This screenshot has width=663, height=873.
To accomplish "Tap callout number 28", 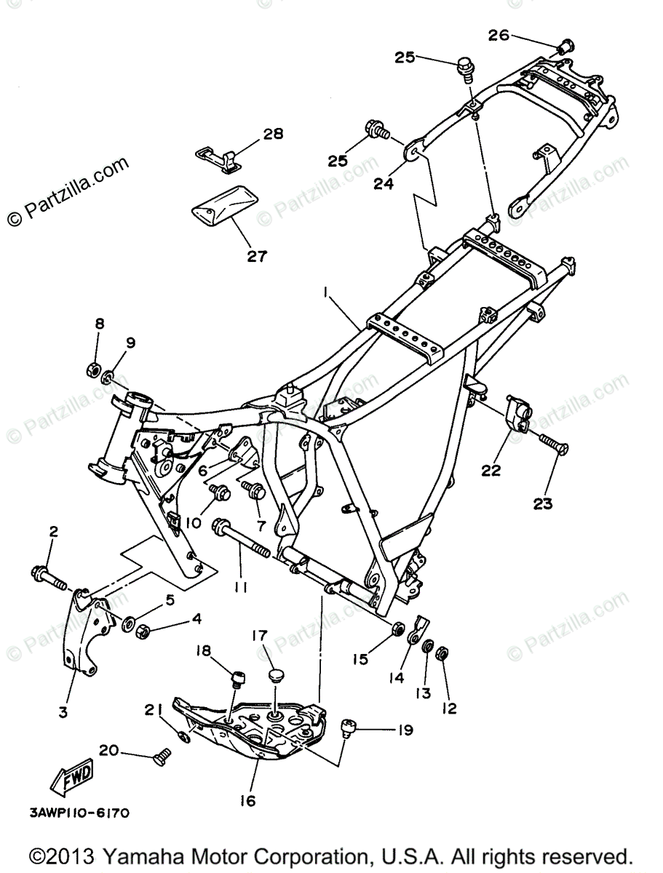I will coord(253,135).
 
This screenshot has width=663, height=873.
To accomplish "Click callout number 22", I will coord(491,471).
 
